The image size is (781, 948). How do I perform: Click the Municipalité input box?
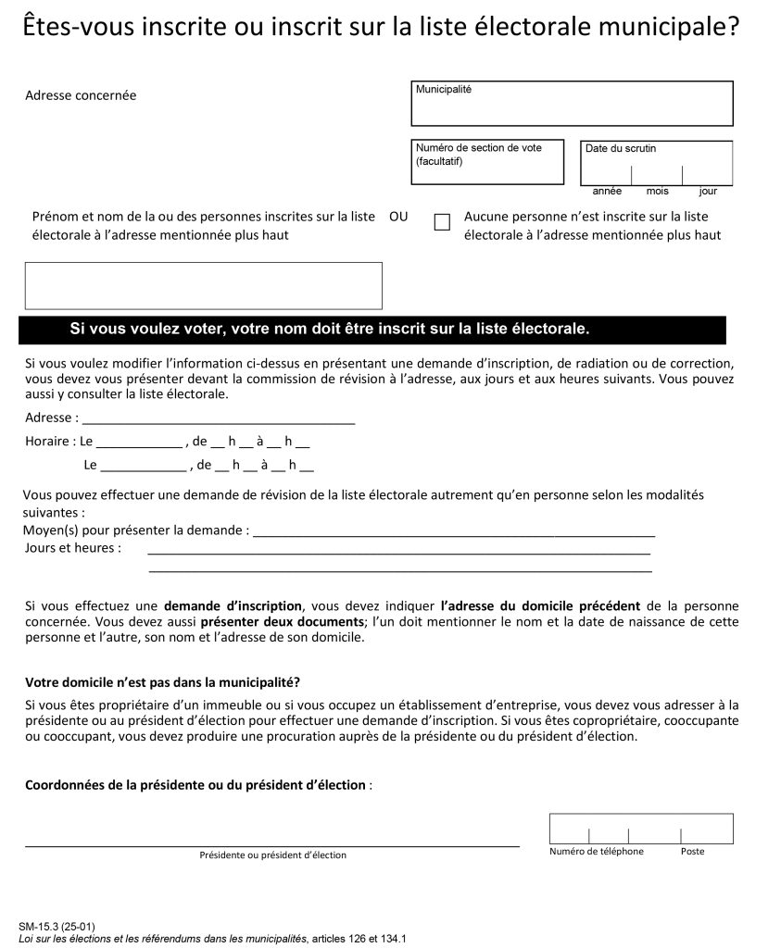(572, 104)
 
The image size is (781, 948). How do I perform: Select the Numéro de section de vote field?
(487, 163)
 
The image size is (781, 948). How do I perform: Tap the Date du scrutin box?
(656, 164)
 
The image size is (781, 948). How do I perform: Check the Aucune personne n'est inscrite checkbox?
(442, 223)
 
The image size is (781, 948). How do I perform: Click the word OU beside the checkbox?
(398, 217)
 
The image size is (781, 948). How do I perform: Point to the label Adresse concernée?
(81, 95)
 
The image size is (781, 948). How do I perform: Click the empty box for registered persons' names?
(203, 285)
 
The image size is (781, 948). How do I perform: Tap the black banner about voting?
(372, 330)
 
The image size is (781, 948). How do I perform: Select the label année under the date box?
(607, 192)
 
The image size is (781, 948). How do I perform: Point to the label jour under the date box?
(708, 192)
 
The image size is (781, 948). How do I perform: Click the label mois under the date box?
(657, 192)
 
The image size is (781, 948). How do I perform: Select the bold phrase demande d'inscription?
(233, 605)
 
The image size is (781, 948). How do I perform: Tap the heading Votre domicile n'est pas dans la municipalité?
(162, 682)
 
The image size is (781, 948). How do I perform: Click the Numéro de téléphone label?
(596, 852)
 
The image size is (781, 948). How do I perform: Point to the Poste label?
(692, 852)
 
